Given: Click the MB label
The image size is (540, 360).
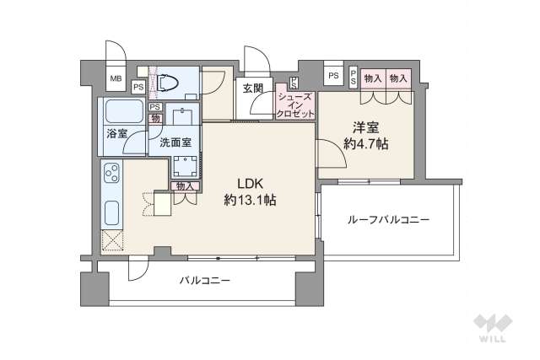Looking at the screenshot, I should pos(114,79).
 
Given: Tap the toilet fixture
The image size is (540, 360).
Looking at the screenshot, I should pos(165,82).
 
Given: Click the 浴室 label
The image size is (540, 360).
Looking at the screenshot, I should pos(116,134).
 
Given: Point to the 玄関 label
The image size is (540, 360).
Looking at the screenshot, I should pos(252,88).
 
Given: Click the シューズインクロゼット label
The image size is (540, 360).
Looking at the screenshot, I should pos(295,105).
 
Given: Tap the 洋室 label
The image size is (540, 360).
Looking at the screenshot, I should pos(364,127).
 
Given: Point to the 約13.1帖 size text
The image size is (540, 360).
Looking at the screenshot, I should pos(250,200).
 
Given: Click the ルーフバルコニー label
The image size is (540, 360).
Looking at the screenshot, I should pos(387,219).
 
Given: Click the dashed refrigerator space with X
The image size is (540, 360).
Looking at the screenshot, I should pos(111,240).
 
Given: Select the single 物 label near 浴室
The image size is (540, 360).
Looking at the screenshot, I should pos(155,117).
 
